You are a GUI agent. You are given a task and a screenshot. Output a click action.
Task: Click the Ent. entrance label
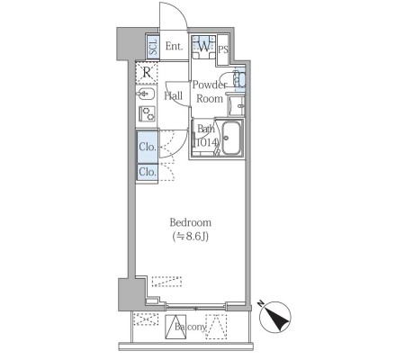pos(174,46)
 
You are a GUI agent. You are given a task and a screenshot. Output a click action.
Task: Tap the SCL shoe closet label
pos(153,47)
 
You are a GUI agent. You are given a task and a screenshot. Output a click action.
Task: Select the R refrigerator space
pos(147,72)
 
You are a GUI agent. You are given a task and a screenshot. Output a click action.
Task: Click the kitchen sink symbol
pos(147,94)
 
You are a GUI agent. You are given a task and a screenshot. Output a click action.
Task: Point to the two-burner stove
pos(147,113)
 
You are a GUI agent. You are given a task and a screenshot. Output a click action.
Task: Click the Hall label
pos(174,96)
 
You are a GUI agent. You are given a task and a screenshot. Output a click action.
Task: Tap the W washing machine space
pos(204,47)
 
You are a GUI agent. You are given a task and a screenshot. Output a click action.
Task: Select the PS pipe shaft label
pos(223,49)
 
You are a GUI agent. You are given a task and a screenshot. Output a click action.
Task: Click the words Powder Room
pos(210,92)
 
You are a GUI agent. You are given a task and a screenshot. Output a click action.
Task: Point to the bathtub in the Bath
pos(231,138)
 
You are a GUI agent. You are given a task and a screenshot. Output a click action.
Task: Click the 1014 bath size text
pos(206,142)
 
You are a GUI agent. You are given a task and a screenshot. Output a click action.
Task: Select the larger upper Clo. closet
pos(148,147)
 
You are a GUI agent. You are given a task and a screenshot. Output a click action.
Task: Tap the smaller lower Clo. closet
pos(148,172)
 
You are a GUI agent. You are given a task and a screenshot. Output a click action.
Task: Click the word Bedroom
pos(191,222)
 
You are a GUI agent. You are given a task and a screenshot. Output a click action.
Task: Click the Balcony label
pos(191,327)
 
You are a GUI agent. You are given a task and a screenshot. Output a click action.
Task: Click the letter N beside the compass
pos(260,304)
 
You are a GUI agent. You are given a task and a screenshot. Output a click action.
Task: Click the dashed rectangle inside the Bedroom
pos(166,282)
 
